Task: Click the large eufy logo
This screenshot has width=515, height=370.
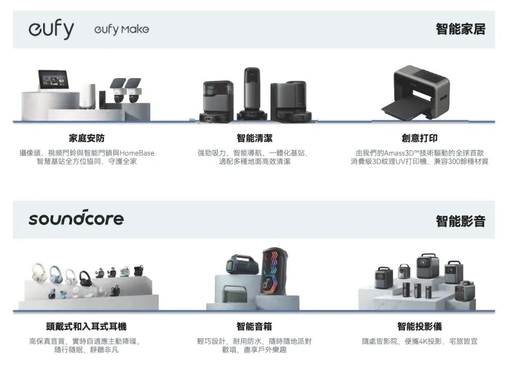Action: pos(51,30)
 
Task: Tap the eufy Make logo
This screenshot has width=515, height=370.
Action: pos(122,29)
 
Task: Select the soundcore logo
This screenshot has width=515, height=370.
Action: pos(76,218)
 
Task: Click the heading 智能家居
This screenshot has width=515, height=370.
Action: pos(460,29)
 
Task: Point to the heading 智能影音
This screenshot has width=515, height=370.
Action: pos(460,221)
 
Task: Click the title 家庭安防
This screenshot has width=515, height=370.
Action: pos(87,138)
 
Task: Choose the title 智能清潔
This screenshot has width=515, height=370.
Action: pos(254,138)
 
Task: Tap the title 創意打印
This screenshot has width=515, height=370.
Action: pos(419,138)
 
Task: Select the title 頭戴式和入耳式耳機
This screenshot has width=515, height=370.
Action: pos(86,327)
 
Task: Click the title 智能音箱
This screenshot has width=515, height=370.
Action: pos(254,327)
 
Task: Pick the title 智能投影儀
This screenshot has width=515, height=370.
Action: pos(419,327)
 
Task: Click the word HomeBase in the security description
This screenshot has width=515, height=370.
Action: pos(136,153)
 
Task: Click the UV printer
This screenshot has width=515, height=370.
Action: pos(417,93)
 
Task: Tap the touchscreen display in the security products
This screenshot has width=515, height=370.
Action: pos(54,79)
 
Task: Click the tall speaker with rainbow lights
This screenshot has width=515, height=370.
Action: pos(274,271)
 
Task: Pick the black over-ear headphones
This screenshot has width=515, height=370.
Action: pos(86,278)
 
